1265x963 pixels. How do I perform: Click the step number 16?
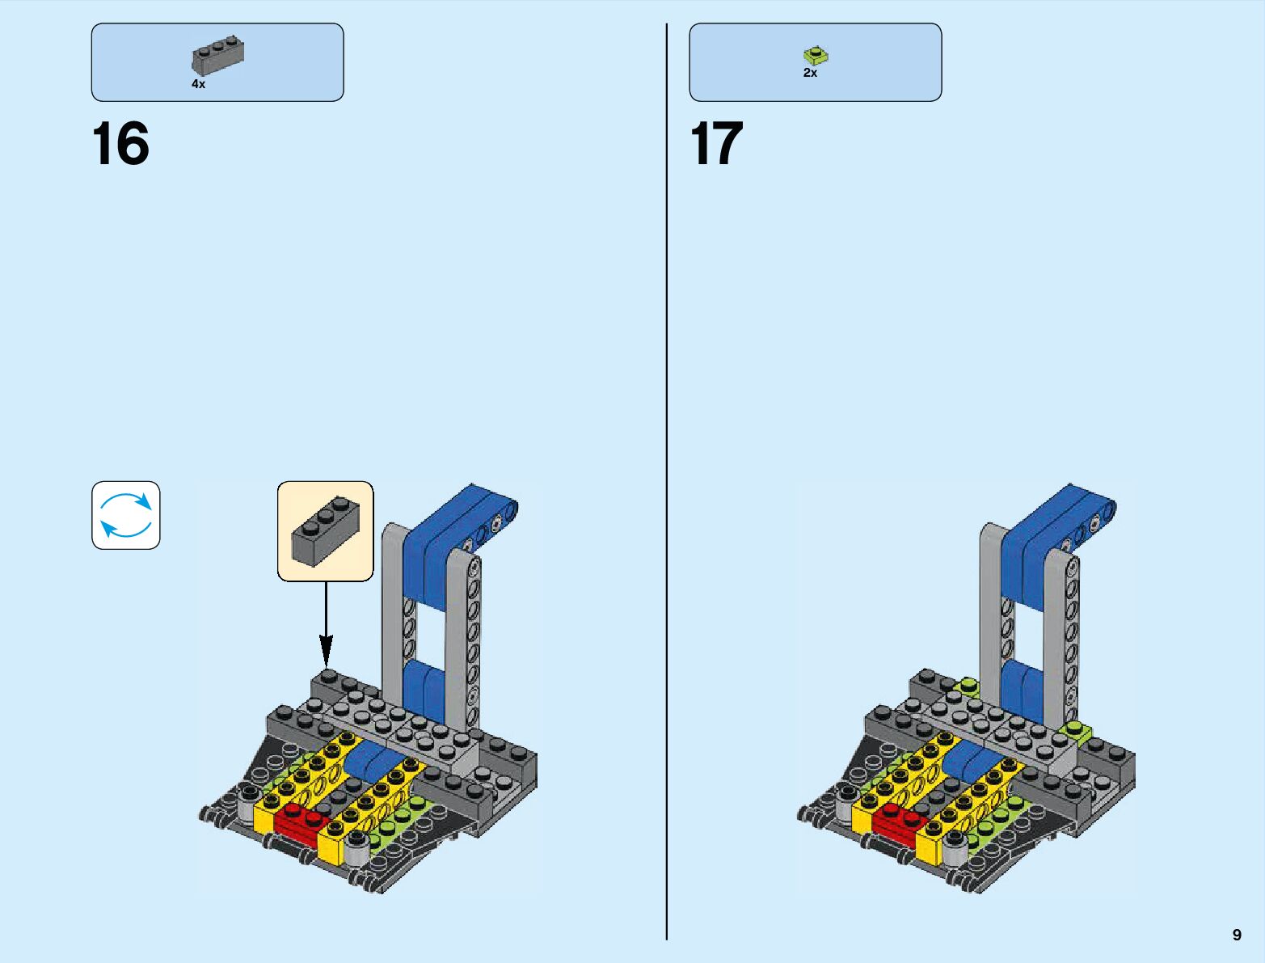point(120,144)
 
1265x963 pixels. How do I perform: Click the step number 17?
point(716,144)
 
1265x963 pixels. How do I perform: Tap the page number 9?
point(1237,935)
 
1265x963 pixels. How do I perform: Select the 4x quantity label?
point(198,84)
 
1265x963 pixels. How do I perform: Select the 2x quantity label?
point(810,73)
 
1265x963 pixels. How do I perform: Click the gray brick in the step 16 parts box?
point(218,56)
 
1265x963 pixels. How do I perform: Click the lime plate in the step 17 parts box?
point(816,56)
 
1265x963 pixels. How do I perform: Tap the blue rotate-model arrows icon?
point(126,515)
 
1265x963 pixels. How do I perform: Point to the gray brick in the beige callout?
point(325,530)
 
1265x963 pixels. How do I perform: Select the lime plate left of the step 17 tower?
point(966,688)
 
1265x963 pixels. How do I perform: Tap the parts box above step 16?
point(217,62)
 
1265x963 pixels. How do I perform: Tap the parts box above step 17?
point(815,62)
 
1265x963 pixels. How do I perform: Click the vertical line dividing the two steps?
point(667,485)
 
